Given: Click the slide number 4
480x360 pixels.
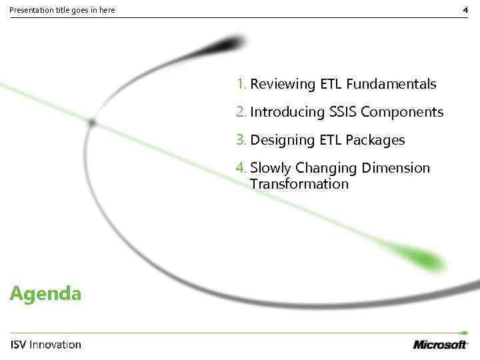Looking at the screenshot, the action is [465, 10].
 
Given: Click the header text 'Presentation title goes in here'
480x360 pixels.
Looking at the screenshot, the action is [62, 10].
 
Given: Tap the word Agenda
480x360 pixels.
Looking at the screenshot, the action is [46, 293].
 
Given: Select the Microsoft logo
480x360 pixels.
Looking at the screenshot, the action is [441, 344].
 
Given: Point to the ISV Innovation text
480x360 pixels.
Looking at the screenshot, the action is [46, 345].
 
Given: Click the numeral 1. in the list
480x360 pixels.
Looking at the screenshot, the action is [241, 84].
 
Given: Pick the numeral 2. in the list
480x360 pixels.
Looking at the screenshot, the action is [241, 112].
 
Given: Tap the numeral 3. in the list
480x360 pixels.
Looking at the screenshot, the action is [241, 140].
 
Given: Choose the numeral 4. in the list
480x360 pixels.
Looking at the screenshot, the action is [241, 168].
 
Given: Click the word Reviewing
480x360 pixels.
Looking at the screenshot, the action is [283, 85].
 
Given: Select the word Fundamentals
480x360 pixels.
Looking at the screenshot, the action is [391, 84].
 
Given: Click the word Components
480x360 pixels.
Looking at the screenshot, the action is [402, 113].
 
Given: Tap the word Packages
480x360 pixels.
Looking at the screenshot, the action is [375, 141].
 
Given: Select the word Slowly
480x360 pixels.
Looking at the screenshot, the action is [271, 169].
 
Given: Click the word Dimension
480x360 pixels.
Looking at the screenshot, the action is [399, 168].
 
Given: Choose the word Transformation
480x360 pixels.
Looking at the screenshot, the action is [299, 184].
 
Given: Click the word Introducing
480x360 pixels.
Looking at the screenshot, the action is [287, 113].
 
